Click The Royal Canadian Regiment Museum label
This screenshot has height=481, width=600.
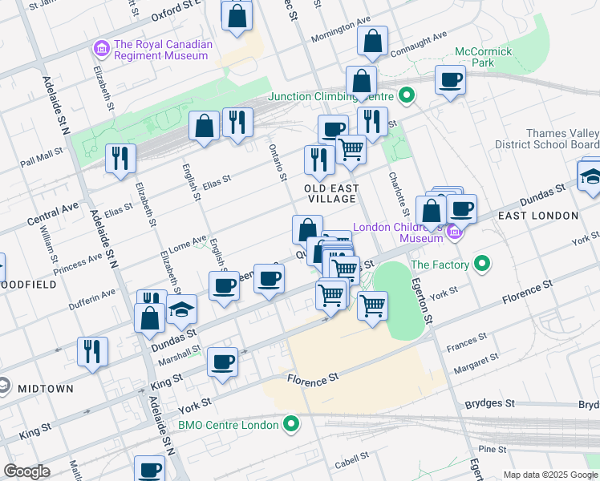pos(163,50)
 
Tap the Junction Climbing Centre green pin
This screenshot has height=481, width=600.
pos(407,97)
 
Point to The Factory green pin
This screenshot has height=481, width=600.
pos(482,264)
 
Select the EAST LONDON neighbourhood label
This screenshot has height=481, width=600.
pos(537,216)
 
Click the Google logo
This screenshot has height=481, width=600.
pos(26,471)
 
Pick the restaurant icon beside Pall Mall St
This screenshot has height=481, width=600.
pos(120,159)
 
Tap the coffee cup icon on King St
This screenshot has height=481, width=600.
pos(222,362)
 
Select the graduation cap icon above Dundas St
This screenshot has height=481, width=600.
pos(181,309)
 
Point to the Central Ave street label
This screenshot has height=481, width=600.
pos(53,212)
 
